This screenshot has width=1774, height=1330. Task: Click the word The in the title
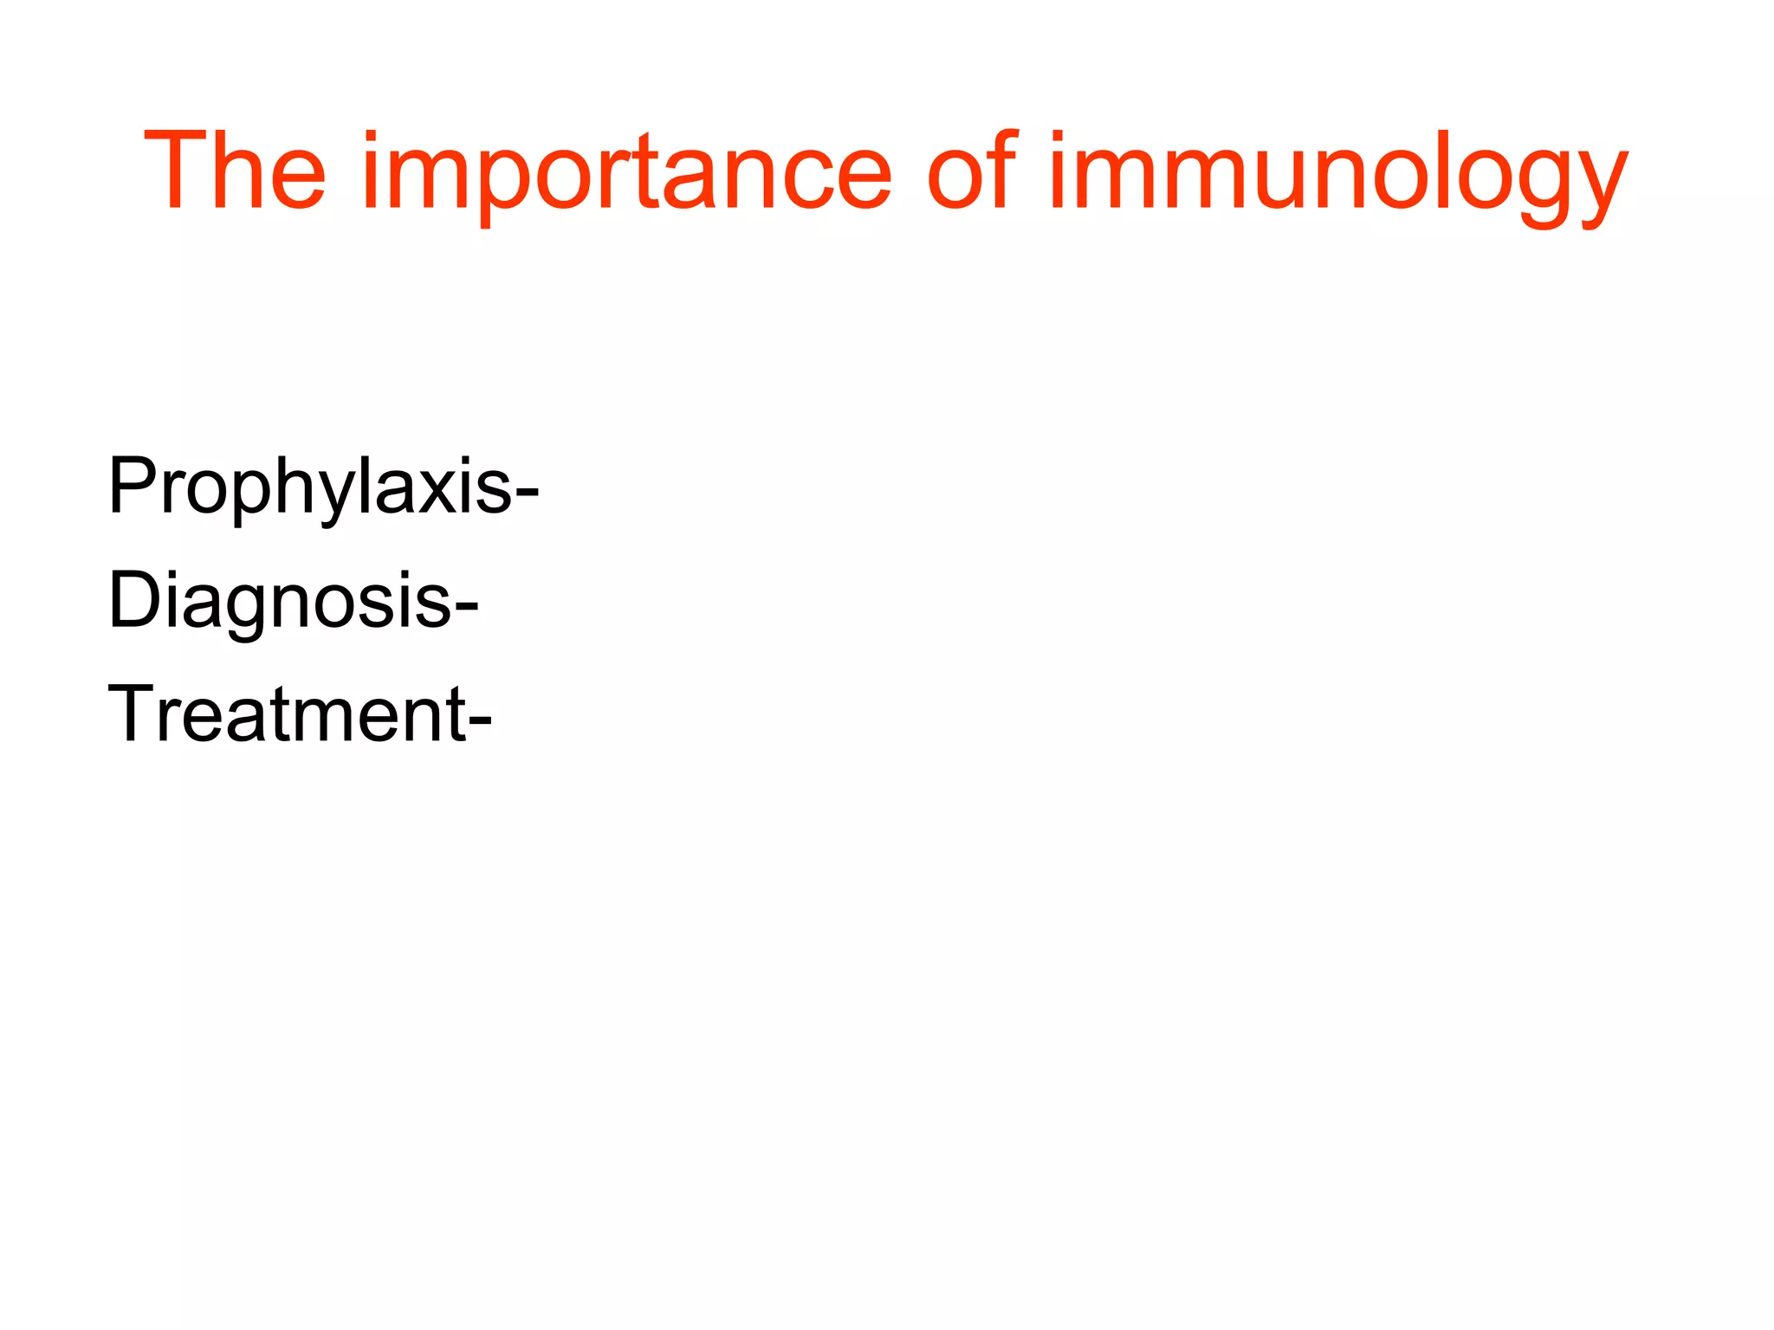point(235,171)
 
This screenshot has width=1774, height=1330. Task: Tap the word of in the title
point(970,171)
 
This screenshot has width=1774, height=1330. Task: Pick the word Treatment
point(286,714)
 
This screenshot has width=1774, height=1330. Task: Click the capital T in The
point(177,171)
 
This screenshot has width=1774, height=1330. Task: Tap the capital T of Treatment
point(129,714)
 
